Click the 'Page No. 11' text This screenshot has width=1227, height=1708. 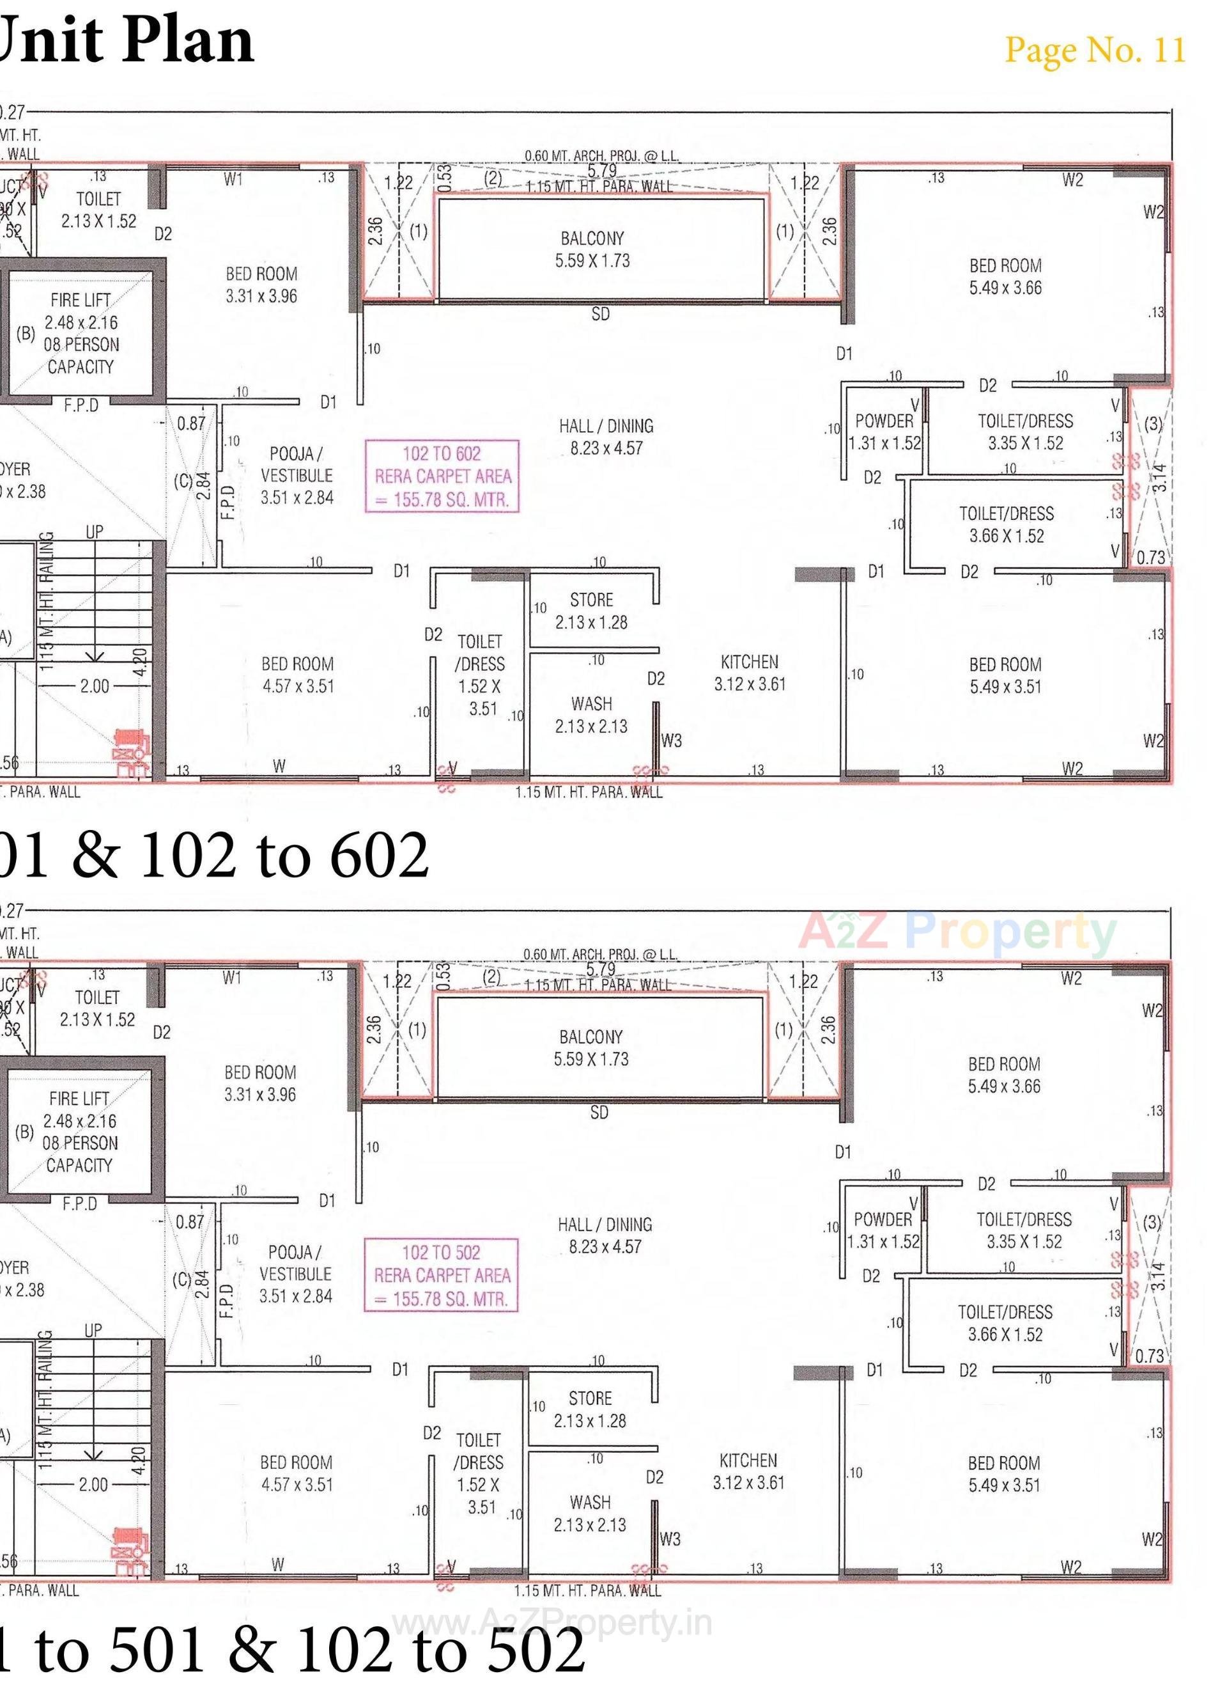tap(1095, 50)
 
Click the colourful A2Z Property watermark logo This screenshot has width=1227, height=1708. tap(957, 932)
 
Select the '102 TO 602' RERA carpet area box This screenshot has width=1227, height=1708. tap(442, 476)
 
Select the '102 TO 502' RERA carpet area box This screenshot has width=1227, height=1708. tap(441, 1275)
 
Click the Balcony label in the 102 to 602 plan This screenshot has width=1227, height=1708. tap(592, 249)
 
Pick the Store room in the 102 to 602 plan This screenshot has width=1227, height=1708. tap(592, 611)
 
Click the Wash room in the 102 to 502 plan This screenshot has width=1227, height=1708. tap(590, 1513)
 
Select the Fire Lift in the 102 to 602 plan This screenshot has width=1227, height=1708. tap(81, 333)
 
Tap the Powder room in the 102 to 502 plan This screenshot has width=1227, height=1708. tap(883, 1230)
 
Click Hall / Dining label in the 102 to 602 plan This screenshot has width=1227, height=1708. tap(606, 437)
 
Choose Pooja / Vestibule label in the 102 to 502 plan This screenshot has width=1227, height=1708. tap(295, 1274)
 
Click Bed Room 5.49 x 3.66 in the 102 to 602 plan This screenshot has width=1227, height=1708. tap(1005, 276)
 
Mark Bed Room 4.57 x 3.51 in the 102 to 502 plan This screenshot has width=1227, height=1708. tap(297, 1473)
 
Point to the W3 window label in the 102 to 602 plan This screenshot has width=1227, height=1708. tap(672, 740)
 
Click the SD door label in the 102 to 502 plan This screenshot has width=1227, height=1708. tap(599, 1112)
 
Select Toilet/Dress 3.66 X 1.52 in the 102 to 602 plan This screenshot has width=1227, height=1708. tap(1007, 525)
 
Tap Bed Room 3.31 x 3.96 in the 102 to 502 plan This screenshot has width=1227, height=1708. tap(259, 1083)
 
